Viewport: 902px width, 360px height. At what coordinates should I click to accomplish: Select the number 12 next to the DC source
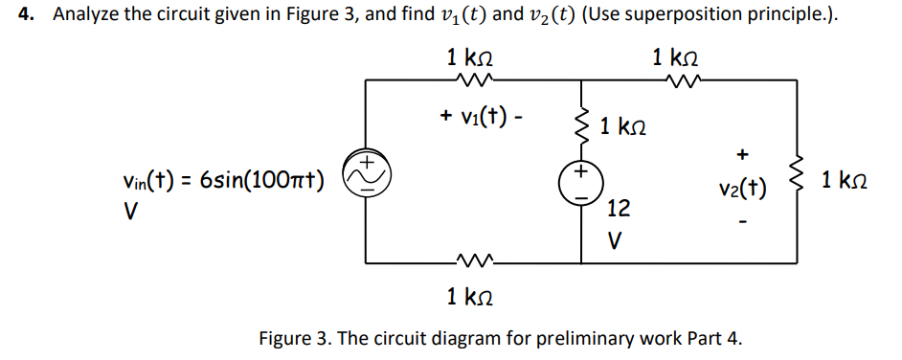pos(619,208)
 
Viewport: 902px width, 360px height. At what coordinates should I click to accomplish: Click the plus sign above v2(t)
pos(741,154)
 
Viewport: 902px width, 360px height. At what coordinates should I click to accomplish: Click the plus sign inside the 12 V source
pos(581,173)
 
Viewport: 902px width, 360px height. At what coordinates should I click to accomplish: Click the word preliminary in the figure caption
pos(540,338)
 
